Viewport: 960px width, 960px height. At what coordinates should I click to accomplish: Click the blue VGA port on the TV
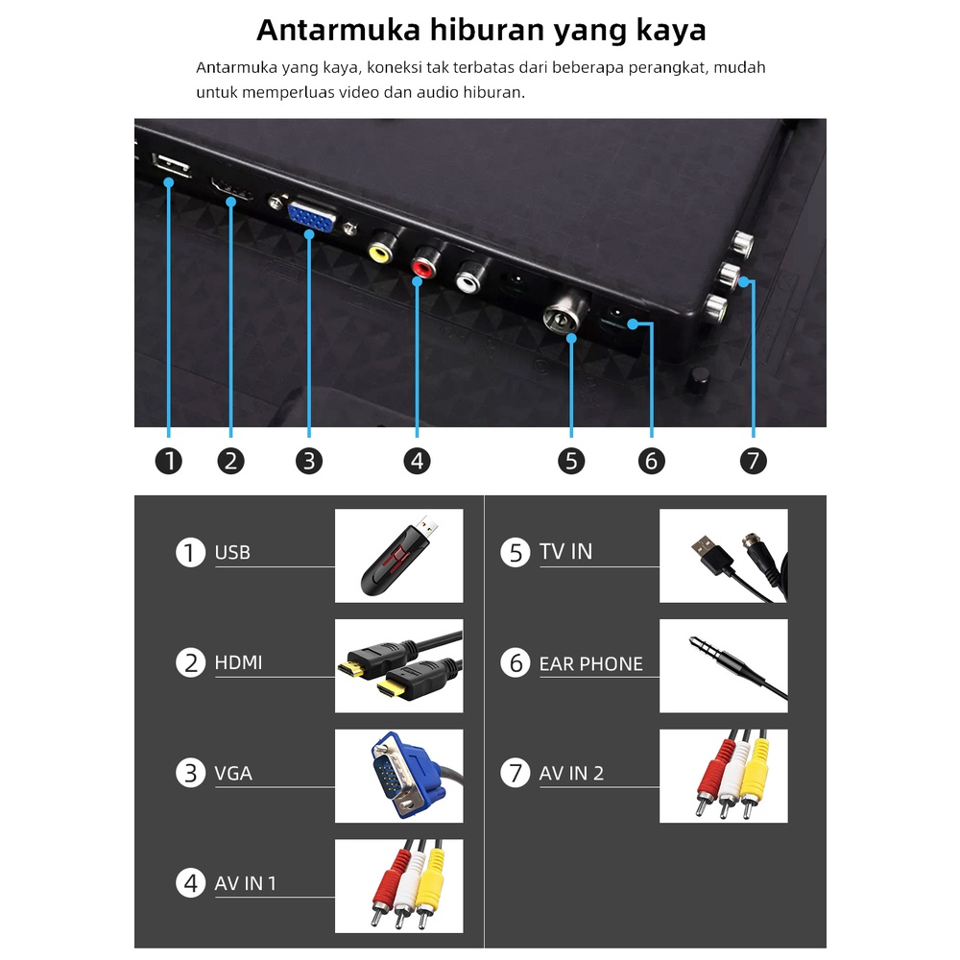tap(312, 217)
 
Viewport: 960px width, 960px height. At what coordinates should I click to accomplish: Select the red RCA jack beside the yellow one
tap(423, 265)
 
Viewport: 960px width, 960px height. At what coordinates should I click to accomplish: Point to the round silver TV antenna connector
tap(561, 315)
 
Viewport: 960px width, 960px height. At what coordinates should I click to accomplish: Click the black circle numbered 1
tap(169, 461)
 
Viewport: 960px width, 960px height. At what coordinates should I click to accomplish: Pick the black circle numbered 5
tap(571, 461)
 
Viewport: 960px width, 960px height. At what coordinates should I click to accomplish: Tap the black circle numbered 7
tap(753, 461)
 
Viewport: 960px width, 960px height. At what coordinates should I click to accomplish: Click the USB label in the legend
tap(232, 552)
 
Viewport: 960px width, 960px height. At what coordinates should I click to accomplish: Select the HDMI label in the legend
tap(238, 662)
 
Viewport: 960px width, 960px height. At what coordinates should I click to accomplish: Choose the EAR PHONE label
tap(590, 663)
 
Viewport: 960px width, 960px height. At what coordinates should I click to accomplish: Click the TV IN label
tap(565, 552)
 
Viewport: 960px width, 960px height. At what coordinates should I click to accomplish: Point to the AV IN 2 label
tap(571, 773)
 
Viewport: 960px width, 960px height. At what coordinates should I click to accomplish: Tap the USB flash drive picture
tap(398, 556)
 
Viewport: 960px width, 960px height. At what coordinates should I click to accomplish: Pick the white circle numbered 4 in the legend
tap(190, 883)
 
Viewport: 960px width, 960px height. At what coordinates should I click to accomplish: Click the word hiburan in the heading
tap(486, 30)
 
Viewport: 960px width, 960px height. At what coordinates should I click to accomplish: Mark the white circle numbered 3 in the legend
tap(190, 773)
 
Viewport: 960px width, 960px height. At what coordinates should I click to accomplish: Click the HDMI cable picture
tap(398, 665)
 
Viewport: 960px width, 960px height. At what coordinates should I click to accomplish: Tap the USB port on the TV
tap(171, 165)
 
